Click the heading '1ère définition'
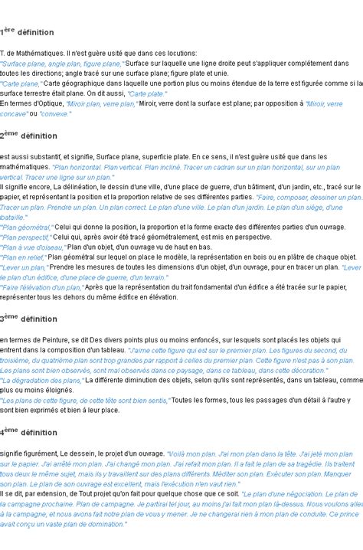tap(28, 32)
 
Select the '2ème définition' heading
tap(29, 136)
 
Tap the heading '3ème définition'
tap(29, 319)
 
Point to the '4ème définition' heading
tap(29, 433)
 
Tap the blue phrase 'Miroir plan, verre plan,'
tap(102, 103)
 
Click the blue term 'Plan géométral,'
tap(27, 228)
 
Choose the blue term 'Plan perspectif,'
tap(26, 237)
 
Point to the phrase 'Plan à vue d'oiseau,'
tap(33, 247)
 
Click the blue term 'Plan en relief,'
tap(23, 257)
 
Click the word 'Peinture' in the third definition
tap(53, 339)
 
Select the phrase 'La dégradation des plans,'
tap(41, 379)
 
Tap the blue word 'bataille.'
tap(16, 217)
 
